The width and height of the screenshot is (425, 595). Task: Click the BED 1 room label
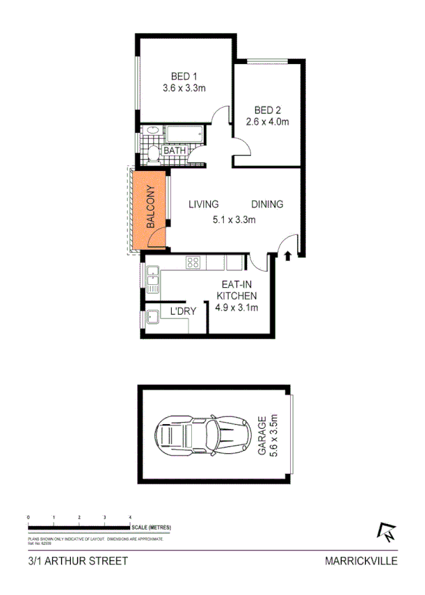(x=184, y=77)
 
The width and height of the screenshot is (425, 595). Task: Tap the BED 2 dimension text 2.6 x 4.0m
(x=266, y=122)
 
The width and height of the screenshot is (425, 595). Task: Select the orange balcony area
(x=149, y=211)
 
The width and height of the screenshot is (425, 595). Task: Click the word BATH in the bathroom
(x=174, y=150)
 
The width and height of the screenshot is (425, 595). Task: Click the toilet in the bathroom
(x=152, y=151)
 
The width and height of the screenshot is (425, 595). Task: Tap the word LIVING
(x=204, y=204)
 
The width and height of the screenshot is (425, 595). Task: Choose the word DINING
(x=267, y=204)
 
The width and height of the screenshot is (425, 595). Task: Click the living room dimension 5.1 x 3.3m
(x=235, y=221)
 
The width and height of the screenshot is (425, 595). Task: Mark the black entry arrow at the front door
(x=288, y=256)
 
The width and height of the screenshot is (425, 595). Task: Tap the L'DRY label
(x=183, y=312)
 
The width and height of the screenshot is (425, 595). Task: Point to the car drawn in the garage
(x=203, y=435)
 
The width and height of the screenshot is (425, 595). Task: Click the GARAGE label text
(x=262, y=436)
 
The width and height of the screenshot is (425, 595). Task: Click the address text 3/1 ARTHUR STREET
(x=67, y=560)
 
